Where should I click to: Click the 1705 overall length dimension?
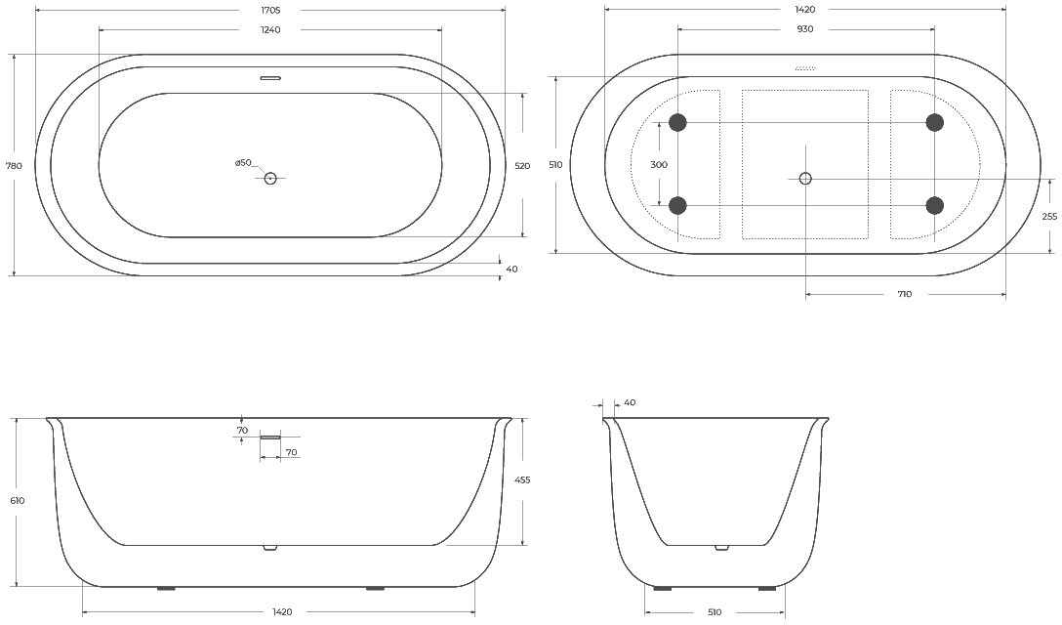pos(269,10)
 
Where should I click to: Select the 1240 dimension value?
pos(269,30)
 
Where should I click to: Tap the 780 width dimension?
pos(14,165)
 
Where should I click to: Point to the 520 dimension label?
pos(522,165)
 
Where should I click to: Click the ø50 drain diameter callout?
pos(243,163)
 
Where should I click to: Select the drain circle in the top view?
pos(270,179)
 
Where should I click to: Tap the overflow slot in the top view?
pos(270,78)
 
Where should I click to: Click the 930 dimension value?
pos(805,29)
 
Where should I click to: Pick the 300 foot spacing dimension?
pos(658,165)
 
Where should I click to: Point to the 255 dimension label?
pos(1049,216)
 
